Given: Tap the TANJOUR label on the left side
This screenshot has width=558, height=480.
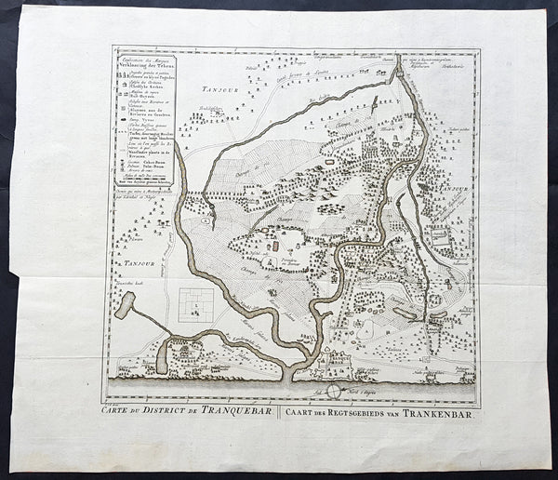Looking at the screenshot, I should tap(135, 265).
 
